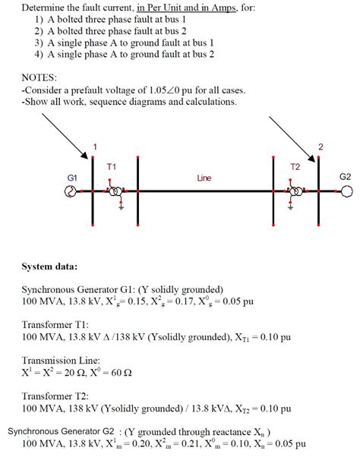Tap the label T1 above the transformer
[x=111, y=165]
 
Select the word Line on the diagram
[x=204, y=178]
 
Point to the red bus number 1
[x=95, y=146]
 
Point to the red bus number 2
[x=321, y=146]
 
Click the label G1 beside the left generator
[x=72, y=176]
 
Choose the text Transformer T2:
[x=57, y=396]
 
